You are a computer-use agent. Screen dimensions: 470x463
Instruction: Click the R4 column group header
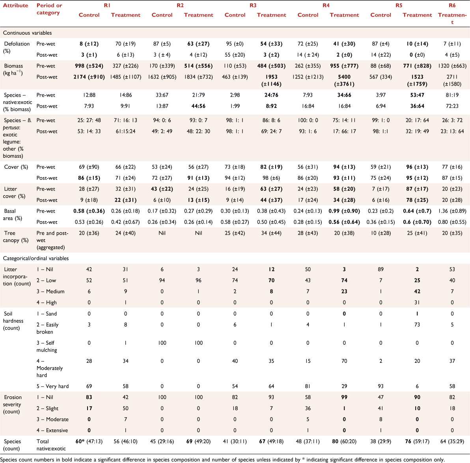tap(326, 6)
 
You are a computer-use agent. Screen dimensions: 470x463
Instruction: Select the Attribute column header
tap(16, 6)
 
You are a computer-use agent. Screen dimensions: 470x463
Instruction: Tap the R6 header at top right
tap(452, 6)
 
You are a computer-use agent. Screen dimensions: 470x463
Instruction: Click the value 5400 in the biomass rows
tap(344, 77)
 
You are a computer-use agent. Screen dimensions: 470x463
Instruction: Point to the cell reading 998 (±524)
tap(89, 66)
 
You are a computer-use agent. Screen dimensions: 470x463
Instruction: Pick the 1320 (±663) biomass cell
tap(452, 66)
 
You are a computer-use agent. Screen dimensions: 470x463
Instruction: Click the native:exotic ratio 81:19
tap(452, 95)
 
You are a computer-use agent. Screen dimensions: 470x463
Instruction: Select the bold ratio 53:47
tap(417, 95)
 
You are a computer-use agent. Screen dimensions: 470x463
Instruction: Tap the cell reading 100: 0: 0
tap(308, 120)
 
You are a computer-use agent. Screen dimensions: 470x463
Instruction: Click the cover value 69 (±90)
tap(89, 167)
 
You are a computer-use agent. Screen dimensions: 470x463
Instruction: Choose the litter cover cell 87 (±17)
tap(417, 189)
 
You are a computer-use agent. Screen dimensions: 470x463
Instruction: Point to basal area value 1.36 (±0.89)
tap(452, 211)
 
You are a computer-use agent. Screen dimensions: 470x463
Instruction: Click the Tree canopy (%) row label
tap(16, 237)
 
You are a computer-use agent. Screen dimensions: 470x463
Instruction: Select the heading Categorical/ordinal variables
tap(35, 258)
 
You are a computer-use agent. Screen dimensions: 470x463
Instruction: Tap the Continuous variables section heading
tap(27, 33)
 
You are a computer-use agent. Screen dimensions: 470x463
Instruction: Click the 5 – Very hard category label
tap(52, 386)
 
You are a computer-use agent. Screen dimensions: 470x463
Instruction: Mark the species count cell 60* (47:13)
tap(89, 441)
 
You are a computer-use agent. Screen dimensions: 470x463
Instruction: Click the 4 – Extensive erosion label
tap(52, 430)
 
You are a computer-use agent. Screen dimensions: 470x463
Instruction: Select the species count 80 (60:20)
tap(344, 441)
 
